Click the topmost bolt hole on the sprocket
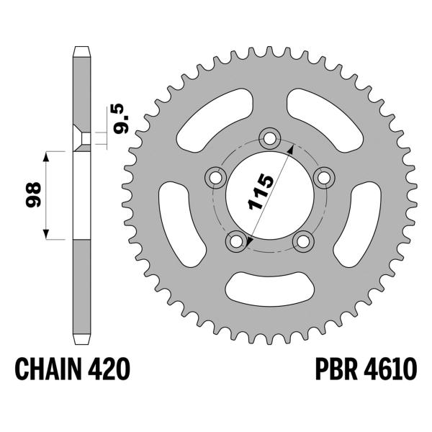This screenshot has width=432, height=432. point(271,135)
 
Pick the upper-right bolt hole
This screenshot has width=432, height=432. point(325,176)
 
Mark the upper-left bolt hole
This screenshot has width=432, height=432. point(215,176)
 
